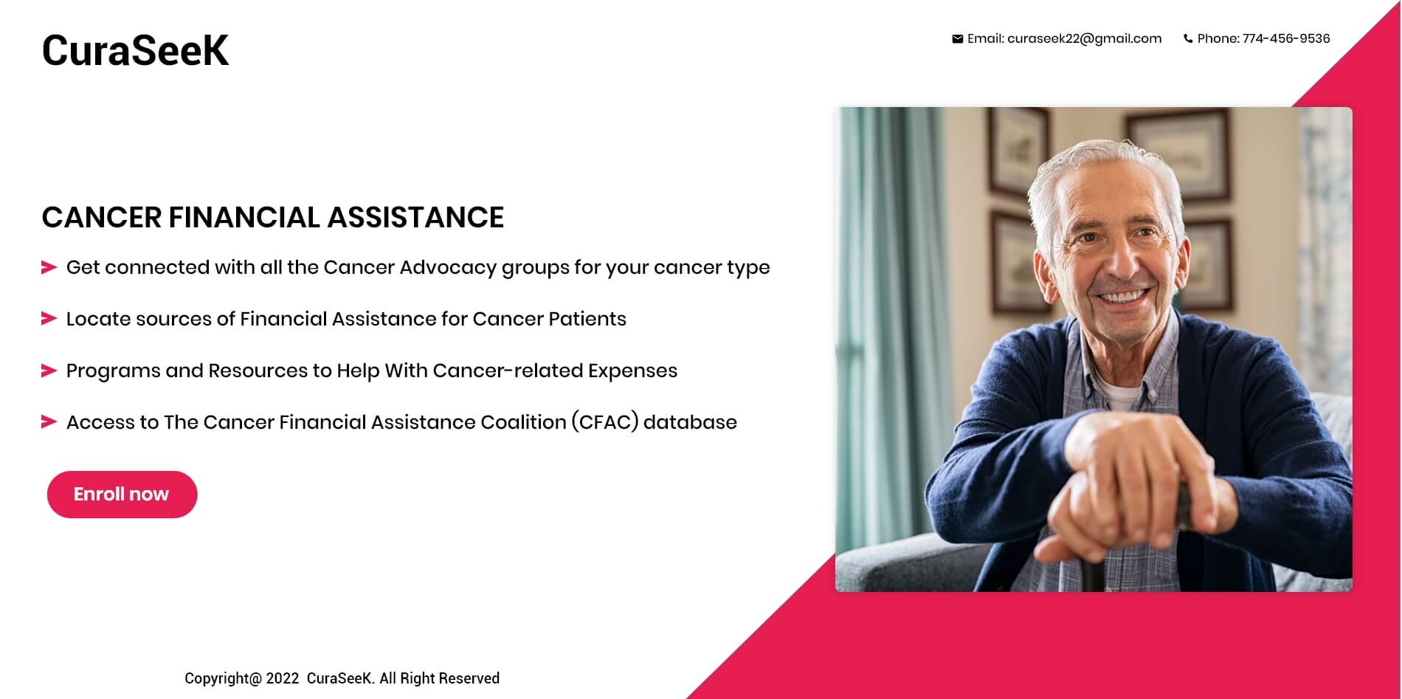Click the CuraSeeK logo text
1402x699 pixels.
coord(135,50)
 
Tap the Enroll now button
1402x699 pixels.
coord(122,495)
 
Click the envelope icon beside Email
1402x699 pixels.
coord(957,39)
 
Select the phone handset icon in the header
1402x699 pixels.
coord(1188,39)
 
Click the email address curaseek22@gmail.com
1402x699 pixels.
coord(1084,39)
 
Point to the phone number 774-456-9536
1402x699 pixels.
coord(1286,38)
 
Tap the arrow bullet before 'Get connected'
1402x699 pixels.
coord(49,267)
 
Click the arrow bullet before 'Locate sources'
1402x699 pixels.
coord(49,319)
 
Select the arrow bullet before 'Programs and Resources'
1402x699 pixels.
coord(49,371)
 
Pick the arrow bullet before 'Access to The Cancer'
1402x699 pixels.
coord(49,422)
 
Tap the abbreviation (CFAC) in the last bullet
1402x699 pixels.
coord(604,422)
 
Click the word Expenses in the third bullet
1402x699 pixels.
coord(632,371)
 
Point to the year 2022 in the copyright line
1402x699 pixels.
coord(283,678)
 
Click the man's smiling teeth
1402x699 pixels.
coord(1123,297)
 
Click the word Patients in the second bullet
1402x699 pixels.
coord(587,319)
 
